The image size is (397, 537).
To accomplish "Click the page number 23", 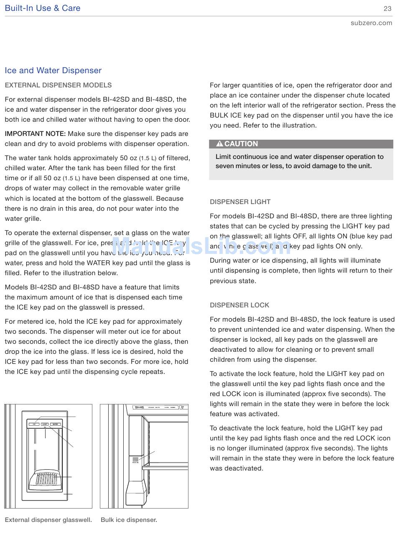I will (387, 8).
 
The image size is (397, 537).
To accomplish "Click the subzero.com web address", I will (372, 23).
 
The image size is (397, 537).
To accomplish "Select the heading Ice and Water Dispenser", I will (53, 70).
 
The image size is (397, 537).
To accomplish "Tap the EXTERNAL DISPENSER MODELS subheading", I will (58, 85).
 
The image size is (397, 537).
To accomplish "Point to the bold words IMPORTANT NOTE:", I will (35, 134).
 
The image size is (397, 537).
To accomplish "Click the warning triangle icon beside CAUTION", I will (219, 144).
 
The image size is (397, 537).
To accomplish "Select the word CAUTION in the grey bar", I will (241, 144).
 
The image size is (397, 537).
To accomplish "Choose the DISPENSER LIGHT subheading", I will (240, 202).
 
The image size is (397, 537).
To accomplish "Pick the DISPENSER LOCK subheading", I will (239, 305).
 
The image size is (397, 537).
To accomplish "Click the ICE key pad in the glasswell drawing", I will (34, 424).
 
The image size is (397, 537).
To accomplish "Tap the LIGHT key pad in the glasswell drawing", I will (45, 424).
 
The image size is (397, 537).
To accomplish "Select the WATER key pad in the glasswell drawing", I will (56, 424).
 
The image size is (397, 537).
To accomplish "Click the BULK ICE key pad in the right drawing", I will (135, 460).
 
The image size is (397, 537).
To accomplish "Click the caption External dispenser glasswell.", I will (48, 520).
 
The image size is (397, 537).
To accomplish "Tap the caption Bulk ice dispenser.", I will (129, 520).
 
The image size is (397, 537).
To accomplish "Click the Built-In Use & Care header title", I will (43, 8).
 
